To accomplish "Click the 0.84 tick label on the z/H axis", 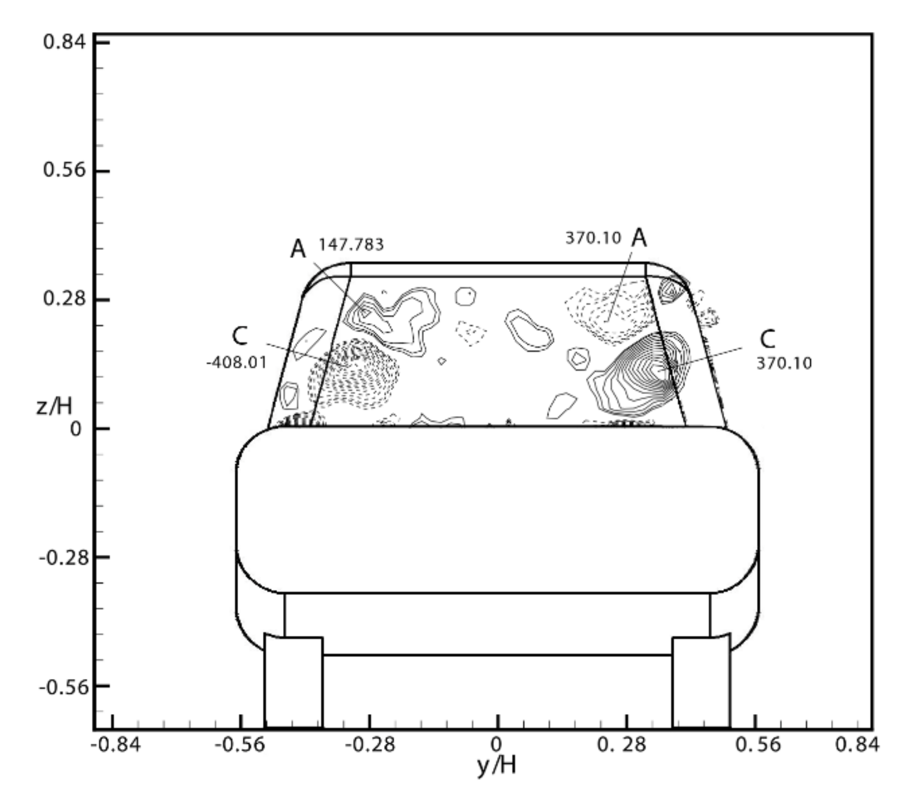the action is pos(64,42).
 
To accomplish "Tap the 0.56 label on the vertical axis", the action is pos(64,170).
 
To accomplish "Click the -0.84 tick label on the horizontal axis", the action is pos(116,744).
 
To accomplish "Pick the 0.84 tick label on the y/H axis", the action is pos(857,744).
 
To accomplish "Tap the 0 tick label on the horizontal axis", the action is pos(496,744).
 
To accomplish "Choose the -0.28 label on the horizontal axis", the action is pos(370,744).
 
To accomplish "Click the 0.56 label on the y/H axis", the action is pos(757,744).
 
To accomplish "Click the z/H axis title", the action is pos(54,406).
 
